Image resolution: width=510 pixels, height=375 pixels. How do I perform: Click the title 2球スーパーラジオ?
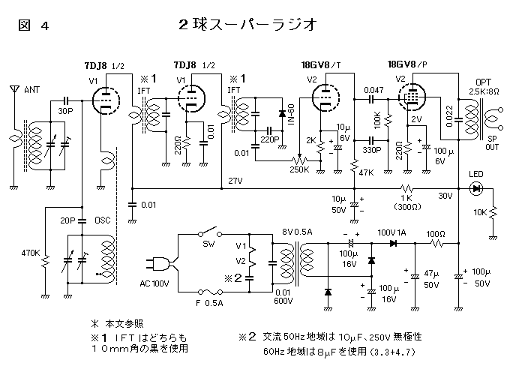pos(241,24)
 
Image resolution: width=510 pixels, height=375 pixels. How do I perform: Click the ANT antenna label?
pos(32,90)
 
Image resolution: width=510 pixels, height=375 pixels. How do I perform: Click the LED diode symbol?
pos(475,188)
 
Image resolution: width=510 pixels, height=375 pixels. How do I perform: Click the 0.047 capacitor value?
pos(373,90)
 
